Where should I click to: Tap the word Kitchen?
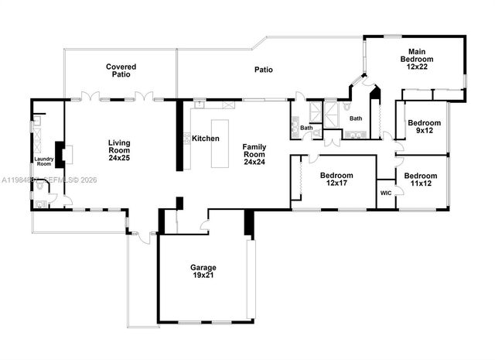tap(206, 139)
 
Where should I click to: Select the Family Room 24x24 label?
tap(254, 154)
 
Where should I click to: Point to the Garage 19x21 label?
tap(203, 272)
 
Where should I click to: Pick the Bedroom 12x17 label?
tap(336, 180)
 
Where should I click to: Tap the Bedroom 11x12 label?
tap(421, 180)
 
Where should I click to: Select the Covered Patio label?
tap(121, 71)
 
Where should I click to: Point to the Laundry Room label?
tap(43, 162)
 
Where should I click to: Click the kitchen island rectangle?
tap(221, 144)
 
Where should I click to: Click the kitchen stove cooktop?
tap(187, 139)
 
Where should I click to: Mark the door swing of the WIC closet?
tap(398, 197)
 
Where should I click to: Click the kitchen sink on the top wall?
tap(199, 101)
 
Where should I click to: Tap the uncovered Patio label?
tap(264, 70)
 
